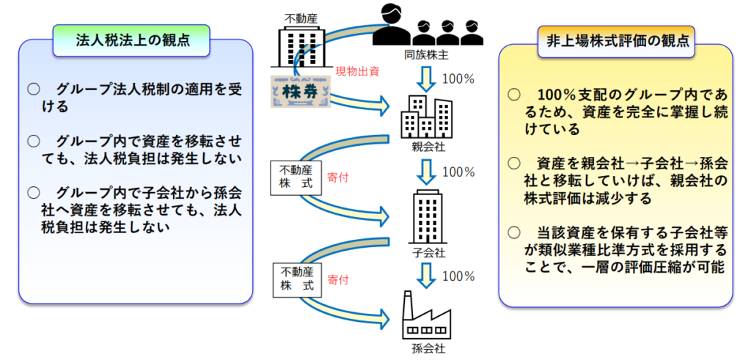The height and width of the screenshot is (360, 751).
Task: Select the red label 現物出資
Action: (357, 71)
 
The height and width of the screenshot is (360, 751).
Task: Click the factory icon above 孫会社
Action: (428, 315)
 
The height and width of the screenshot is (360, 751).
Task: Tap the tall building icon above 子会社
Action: (427, 216)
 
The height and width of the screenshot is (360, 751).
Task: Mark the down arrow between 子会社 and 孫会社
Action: (428, 276)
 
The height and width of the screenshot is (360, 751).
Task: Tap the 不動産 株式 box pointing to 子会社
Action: (293, 177)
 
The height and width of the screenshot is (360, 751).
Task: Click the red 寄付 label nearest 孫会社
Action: (338, 279)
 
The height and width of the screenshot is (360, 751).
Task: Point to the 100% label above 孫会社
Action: (459, 276)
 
